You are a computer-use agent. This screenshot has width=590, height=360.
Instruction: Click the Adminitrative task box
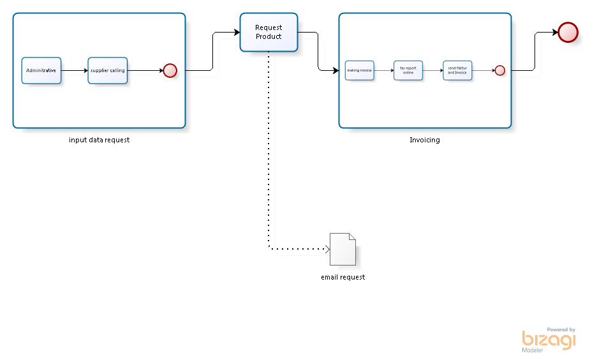(41, 70)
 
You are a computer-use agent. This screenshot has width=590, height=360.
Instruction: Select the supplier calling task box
(108, 70)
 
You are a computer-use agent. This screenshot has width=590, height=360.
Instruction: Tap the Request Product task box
(269, 32)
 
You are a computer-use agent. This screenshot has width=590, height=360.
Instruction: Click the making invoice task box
(359, 70)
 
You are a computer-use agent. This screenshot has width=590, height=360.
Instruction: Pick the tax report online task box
(408, 70)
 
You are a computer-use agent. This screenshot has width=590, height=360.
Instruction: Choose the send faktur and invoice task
(457, 70)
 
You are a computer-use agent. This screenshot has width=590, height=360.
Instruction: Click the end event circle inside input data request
(170, 70)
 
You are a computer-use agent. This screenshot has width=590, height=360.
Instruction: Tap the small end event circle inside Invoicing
(500, 70)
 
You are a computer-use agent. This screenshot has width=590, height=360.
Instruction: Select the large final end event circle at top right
(567, 32)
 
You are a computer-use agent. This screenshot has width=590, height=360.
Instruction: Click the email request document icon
(343, 249)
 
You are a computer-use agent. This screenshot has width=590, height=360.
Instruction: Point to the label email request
(343, 277)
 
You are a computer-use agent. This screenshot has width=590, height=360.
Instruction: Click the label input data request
(99, 140)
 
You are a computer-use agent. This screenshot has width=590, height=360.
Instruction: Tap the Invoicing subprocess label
(424, 140)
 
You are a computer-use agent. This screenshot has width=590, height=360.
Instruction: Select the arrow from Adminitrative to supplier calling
(75, 70)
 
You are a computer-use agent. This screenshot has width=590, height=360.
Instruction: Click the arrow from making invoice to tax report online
(383, 70)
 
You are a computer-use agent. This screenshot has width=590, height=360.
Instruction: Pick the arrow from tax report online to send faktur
(433, 70)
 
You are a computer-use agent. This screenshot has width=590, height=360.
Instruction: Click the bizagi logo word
(548, 340)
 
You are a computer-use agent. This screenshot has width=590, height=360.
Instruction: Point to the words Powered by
(561, 329)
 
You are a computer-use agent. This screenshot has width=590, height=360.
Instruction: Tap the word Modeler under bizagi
(533, 350)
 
